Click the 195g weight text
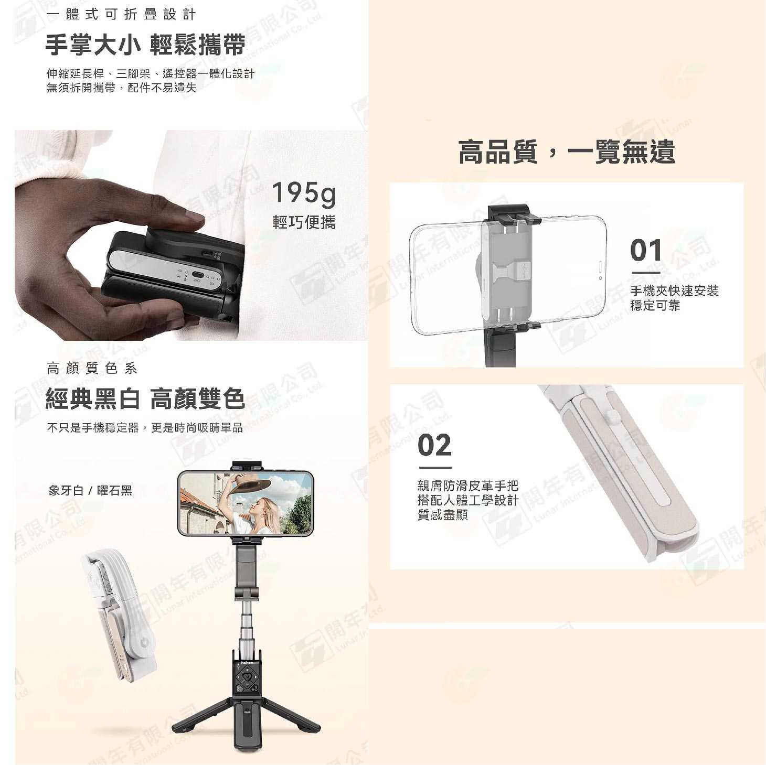pyautogui.click(x=303, y=193)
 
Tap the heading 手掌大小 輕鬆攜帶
pyautogui.click(x=145, y=45)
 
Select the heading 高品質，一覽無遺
pyautogui.click(x=567, y=152)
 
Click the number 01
pyautogui.click(x=646, y=250)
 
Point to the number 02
pyautogui.click(x=434, y=445)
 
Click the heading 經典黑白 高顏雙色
pyautogui.click(x=145, y=400)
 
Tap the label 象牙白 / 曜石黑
pyautogui.click(x=90, y=491)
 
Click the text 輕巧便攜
pyautogui.click(x=304, y=222)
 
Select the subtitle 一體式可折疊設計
pyautogui.click(x=121, y=15)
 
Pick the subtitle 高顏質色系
pyautogui.click(x=92, y=369)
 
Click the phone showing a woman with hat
pyautogui.click(x=246, y=503)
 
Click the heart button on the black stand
pyautogui.click(x=247, y=676)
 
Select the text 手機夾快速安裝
pyautogui.click(x=674, y=291)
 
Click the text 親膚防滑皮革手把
pyautogui.click(x=467, y=486)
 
